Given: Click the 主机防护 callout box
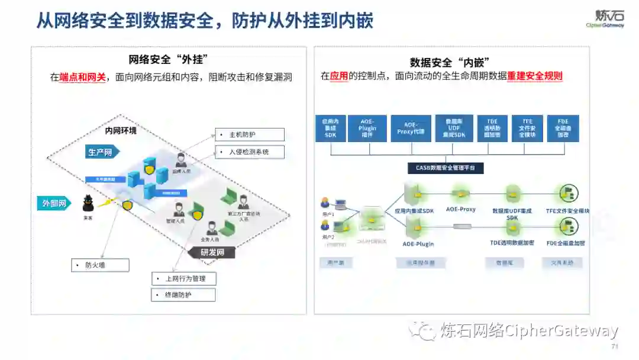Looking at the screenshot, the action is click(249, 134).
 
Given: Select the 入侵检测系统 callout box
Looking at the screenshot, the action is click(249, 152).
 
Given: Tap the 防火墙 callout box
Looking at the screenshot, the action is click(100, 265).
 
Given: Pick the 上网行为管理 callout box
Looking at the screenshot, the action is click(183, 279).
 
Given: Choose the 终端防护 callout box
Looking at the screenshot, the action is click(183, 294).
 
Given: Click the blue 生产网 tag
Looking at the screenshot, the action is click(101, 152).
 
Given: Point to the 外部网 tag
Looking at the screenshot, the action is click(54, 203).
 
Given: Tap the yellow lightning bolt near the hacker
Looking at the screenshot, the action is click(106, 204).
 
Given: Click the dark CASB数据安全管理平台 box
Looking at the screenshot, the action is click(446, 168).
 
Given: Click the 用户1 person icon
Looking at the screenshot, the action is click(325, 202).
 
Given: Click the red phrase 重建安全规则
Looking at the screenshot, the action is click(535, 76).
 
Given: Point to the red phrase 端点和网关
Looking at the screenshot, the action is click(83, 77).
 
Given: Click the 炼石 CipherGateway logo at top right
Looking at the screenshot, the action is click(605, 19).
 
